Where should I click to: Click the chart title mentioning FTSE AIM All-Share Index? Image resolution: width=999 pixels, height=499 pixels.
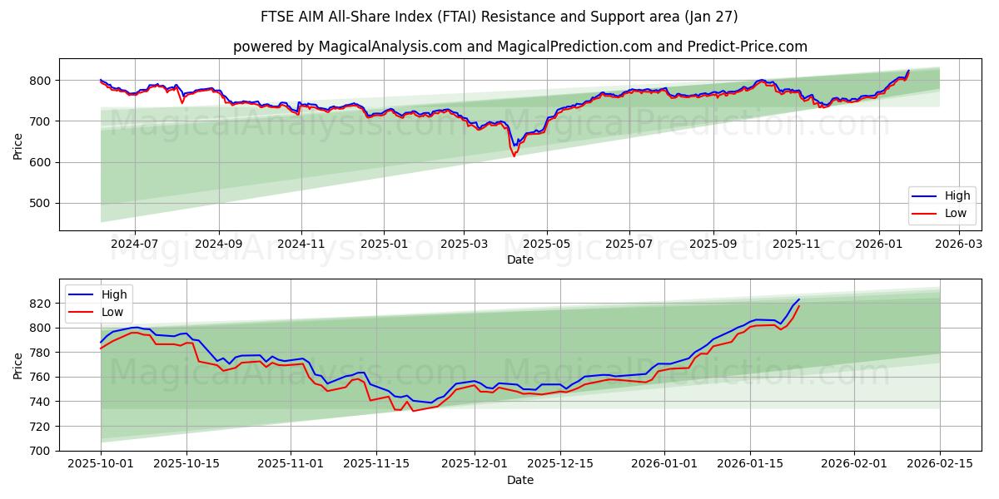(x=499, y=17)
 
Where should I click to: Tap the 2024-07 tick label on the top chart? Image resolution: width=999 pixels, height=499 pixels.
(x=134, y=245)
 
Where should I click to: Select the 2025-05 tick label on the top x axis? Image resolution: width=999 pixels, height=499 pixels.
(x=547, y=245)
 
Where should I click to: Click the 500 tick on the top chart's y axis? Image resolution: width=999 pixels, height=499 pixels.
(x=40, y=203)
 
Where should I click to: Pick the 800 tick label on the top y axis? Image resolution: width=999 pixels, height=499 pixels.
(x=40, y=81)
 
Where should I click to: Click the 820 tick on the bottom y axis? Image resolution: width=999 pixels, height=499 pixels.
(x=40, y=304)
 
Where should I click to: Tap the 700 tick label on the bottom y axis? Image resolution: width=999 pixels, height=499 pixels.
(x=40, y=451)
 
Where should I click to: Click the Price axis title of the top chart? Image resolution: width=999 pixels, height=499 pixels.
(x=18, y=146)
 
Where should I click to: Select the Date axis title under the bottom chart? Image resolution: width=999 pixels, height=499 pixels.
(x=520, y=481)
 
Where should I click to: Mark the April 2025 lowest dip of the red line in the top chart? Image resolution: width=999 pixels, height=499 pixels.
(x=514, y=156)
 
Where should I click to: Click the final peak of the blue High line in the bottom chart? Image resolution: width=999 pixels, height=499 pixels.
(x=798, y=299)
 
